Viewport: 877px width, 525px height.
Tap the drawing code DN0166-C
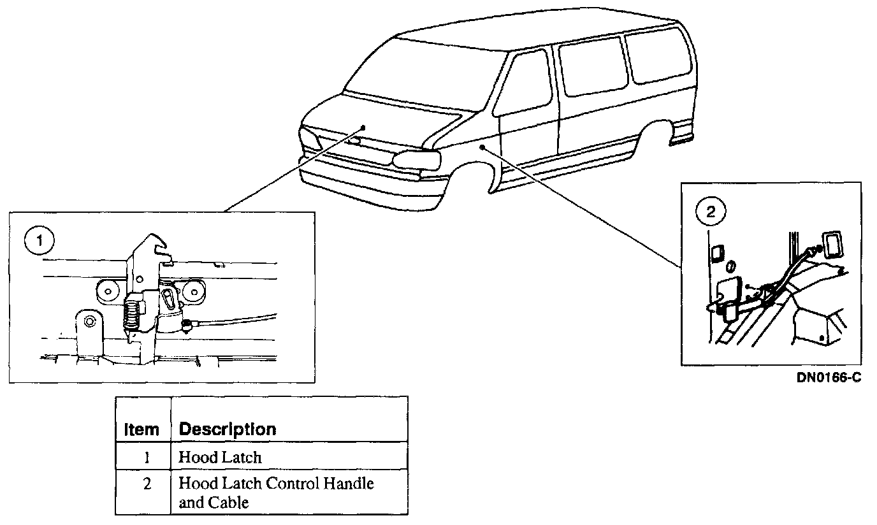click(x=829, y=378)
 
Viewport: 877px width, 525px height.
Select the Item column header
click(x=142, y=429)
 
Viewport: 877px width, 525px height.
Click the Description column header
click(x=228, y=429)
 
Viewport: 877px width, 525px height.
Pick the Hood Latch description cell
click(x=221, y=457)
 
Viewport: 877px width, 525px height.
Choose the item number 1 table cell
click(x=147, y=457)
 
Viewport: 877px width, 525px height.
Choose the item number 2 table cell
click(x=147, y=484)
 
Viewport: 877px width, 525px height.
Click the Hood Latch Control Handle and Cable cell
click(x=275, y=493)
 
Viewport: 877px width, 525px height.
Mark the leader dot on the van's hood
click(x=363, y=127)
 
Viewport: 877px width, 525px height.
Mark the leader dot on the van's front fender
click(x=483, y=147)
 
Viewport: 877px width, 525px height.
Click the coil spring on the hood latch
click(x=131, y=315)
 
